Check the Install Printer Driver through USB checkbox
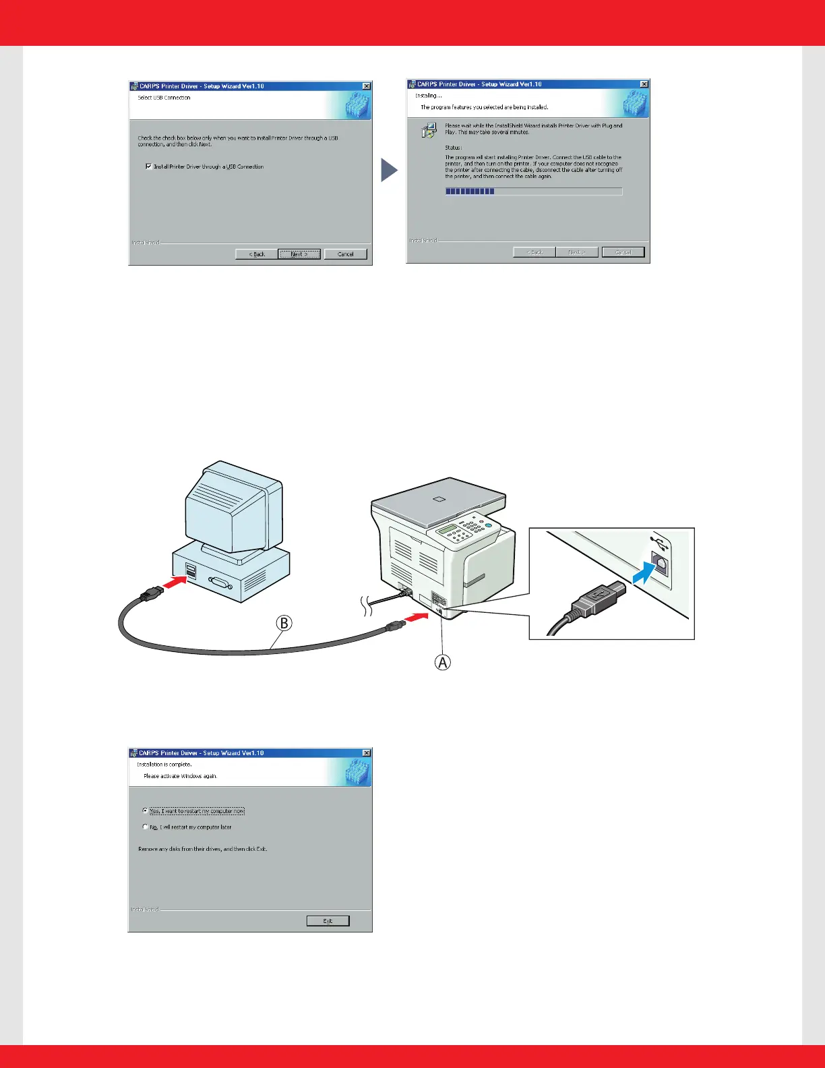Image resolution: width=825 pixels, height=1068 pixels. [x=148, y=167]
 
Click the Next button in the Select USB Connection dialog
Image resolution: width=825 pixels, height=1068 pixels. [x=299, y=254]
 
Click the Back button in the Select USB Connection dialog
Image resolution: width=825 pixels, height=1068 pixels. [x=257, y=254]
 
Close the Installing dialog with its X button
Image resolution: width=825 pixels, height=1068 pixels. [x=644, y=84]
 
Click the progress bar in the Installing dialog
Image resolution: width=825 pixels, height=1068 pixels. [x=533, y=191]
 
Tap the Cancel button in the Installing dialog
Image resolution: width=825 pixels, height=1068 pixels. [x=623, y=252]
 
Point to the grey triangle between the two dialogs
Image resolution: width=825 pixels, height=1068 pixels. [x=388, y=170]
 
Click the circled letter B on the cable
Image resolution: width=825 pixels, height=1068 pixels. [x=284, y=623]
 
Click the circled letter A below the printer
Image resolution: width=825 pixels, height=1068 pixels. [x=442, y=663]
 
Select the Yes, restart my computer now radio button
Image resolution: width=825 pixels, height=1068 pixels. [x=145, y=810]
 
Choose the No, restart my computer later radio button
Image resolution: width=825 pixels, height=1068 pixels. [x=145, y=827]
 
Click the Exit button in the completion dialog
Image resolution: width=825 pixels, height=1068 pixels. [x=328, y=921]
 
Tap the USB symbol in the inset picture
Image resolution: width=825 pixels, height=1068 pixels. [x=659, y=543]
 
